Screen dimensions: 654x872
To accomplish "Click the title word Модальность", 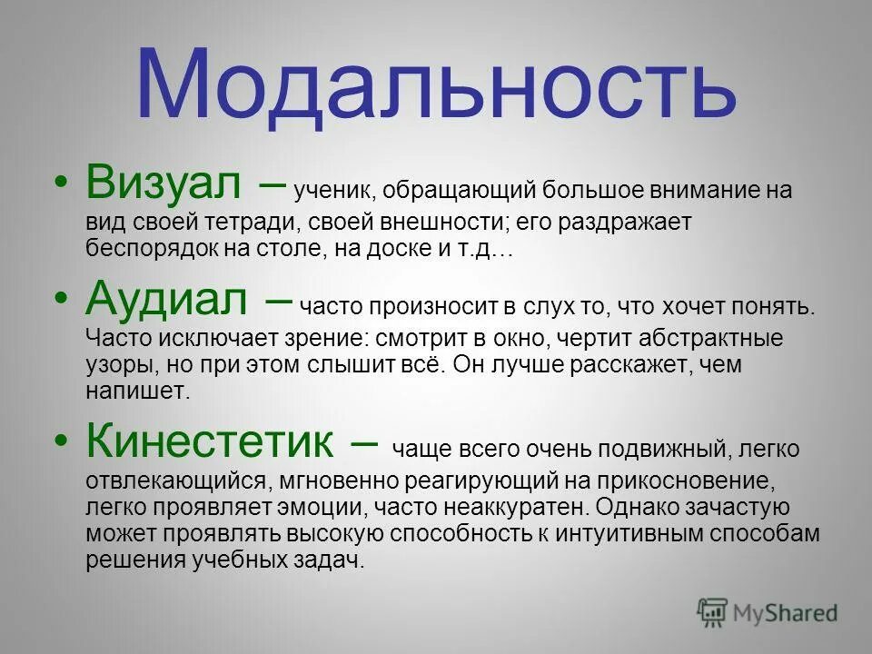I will click(436, 84).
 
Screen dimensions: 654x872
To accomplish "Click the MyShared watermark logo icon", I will click(712, 612).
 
